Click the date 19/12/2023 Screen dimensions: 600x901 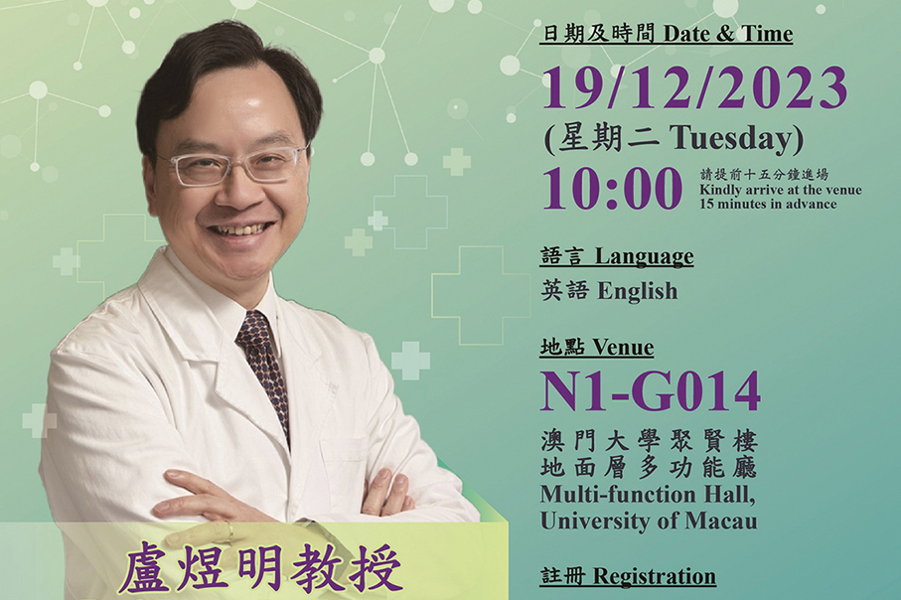(x=694, y=89)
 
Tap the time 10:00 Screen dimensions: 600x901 (x=612, y=189)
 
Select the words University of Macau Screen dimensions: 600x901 (x=649, y=520)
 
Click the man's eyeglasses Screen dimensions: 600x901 (x=233, y=165)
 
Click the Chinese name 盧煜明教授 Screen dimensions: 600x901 (x=261, y=571)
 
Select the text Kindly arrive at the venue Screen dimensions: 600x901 (x=780, y=190)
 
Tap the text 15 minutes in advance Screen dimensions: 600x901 (x=767, y=205)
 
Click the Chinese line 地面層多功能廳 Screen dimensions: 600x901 (x=649, y=467)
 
